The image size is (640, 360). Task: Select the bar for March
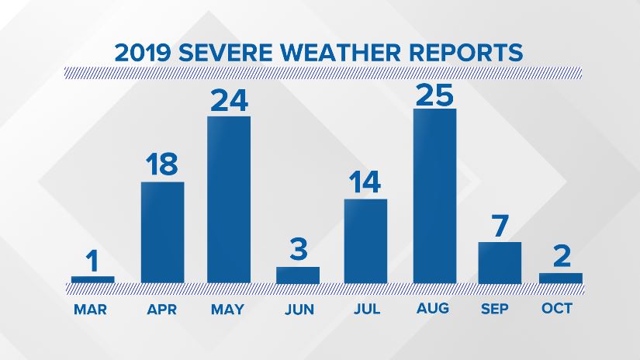pos(92,279)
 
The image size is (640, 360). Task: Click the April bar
pos(162,232)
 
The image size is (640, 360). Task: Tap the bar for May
pos(229,199)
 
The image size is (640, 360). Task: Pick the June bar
pos(298,275)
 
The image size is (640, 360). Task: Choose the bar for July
pos(365,241)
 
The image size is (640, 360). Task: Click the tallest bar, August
pos(434,196)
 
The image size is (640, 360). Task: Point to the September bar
pos(500,262)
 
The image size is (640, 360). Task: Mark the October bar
pos(560,279)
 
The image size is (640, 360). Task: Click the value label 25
pos(434,95)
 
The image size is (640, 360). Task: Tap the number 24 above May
pos(229,100)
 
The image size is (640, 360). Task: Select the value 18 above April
pos(162,164)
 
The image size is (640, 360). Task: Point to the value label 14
pos(365,182)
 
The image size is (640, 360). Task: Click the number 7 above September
pos(500,226)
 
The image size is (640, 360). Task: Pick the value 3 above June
pos(299,249)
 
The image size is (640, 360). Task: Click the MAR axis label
pos(90,310)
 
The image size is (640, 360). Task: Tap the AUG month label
pos(433,308)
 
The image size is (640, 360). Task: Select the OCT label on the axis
pos(557,308)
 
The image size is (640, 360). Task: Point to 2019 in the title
pos(143,53)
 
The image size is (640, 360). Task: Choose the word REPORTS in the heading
pos(465,52)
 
